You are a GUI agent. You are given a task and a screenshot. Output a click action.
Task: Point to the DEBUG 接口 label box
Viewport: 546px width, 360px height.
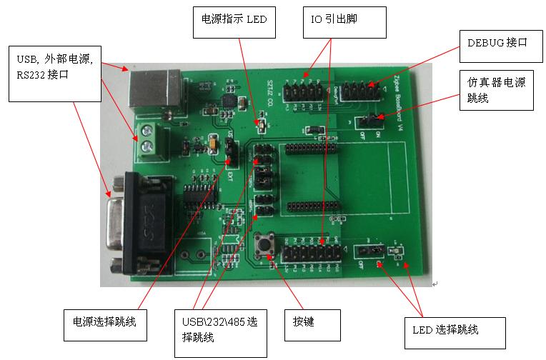497,42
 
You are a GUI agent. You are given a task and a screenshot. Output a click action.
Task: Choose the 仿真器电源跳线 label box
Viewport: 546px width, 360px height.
495,89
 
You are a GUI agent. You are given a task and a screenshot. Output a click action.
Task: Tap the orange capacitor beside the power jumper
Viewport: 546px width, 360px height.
214,145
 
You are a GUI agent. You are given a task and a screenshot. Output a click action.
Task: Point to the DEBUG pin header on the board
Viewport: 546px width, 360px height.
355,91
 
